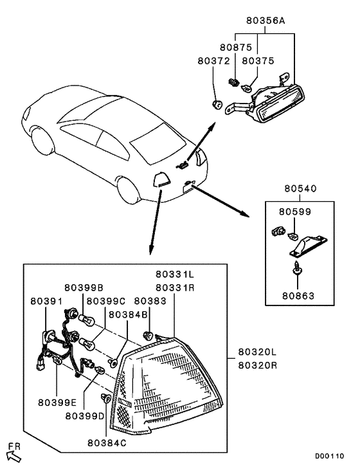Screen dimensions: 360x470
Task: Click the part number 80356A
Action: pos(265,21)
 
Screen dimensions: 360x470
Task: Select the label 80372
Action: pos(213,61)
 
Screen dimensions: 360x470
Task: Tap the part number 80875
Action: pos(236,48)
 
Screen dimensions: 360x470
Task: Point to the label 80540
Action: pos(300,188)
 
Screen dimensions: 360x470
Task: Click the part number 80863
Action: pos(298,296)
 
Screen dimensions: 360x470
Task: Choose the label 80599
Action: pos(295,212)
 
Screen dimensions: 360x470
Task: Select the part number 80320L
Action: pos(258,352)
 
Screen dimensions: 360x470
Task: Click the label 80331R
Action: pos(175,288)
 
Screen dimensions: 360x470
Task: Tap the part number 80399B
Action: pos(84,288)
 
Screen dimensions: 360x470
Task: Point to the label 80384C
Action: pos(107,443)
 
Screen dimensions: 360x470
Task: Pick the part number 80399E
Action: pos(57,402)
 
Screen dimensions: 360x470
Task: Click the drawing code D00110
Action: pos(329,456)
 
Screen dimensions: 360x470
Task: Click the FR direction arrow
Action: pos(14,457)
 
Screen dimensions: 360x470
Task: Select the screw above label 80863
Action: pos(298,267)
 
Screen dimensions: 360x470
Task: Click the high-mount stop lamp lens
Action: pos(282,104)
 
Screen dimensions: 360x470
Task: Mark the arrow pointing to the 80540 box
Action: pos(221,201)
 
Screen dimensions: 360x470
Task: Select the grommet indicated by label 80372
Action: pos(217,105)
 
